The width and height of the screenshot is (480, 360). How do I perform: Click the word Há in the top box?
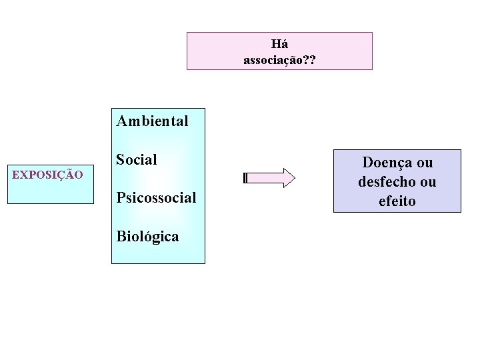(x=280, y=45)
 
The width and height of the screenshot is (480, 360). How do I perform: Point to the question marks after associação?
(x=309, y=60)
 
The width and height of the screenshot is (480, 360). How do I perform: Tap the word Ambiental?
(x=152, y=121)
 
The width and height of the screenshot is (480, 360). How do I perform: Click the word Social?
(x=137, y=159)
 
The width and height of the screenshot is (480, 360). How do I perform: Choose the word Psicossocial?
(x=156, y=197)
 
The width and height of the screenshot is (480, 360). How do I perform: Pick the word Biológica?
(x=147, y=236)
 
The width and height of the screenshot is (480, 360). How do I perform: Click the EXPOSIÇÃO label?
(x=47, y=175)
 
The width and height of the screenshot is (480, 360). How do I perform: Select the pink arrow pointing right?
(x=269, y=178)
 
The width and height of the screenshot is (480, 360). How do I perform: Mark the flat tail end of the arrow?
(x=246, y=178)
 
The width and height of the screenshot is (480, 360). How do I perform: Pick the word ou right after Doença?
(x=425, y=163)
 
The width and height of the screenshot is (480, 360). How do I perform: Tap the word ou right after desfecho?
(x=428, y=181)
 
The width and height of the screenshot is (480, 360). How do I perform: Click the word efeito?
(x=397, y=201)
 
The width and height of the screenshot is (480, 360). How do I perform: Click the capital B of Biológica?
(x=121, y=236)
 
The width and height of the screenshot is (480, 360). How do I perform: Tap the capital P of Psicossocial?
(x=120, y=197)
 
